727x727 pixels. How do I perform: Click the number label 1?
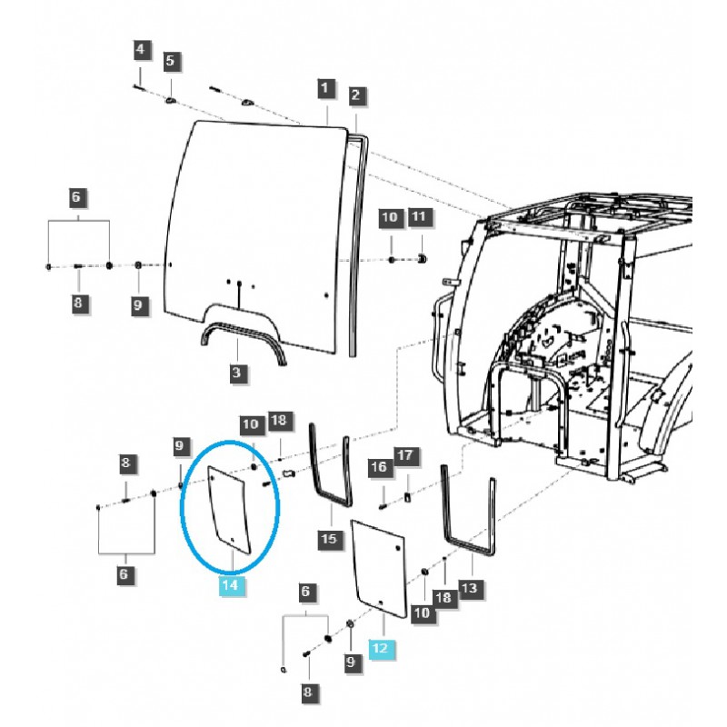(x=324, y=88)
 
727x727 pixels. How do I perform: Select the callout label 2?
(x=356, y=95)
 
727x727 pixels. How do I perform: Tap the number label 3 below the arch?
(x=235, y=373)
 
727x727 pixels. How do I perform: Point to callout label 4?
(x=140, y=48)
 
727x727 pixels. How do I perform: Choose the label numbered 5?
(x=171, y=62)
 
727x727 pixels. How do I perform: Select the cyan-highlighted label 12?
(x=380, y=648)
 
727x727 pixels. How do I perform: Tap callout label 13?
(x=468, y=589)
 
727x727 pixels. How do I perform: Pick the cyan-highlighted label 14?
(x=230, y=586)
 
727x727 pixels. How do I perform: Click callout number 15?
(x=328, y=540)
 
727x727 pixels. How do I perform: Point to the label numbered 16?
(x=378, y=467)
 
